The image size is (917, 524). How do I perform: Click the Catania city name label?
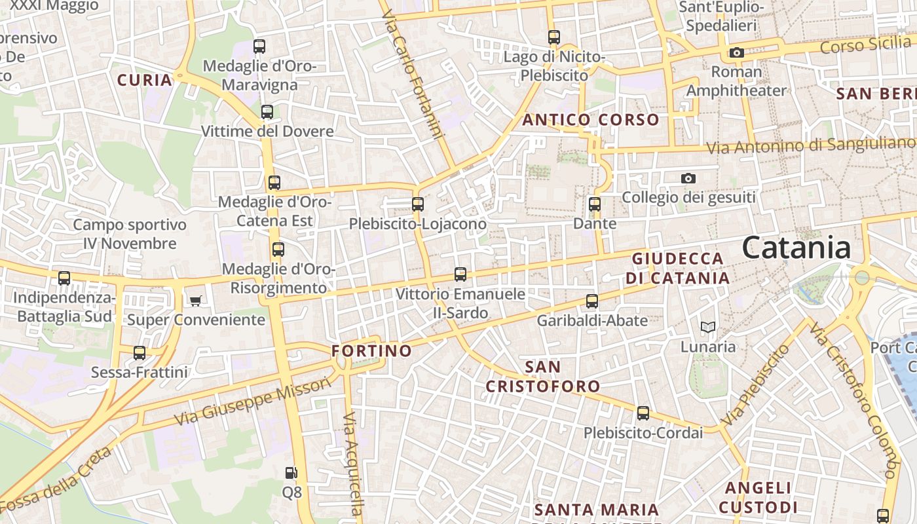[796, 248]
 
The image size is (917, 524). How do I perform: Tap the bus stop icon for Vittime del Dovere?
[267, 111]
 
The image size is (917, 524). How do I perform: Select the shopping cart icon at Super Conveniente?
[195, 301]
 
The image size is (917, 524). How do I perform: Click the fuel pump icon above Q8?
[291, 472]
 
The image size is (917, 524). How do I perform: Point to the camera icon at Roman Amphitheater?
[736, 52]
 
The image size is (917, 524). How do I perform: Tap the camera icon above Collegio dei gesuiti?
[688, 178]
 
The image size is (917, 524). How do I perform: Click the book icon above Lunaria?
[707, 327]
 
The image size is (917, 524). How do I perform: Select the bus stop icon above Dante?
[595, 204]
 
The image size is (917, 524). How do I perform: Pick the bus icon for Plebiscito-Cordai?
[643, 413]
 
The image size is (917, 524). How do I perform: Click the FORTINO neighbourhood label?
[371, 351]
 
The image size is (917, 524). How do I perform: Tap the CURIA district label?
[144, 81]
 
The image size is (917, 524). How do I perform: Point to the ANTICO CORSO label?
[590, 120]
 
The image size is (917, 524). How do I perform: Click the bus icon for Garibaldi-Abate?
[592, 301]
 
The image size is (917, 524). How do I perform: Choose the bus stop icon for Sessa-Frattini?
[140, 353]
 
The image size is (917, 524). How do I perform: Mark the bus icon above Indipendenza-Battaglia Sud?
[64, 278]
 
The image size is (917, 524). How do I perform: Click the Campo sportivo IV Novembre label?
[130, 234]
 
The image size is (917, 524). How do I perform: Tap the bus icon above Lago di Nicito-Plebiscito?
[554, 37]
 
